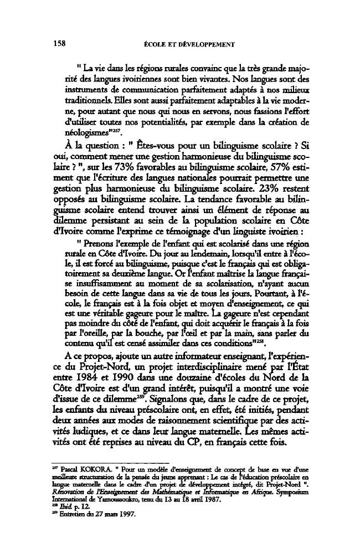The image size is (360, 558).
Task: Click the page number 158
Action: click(60, 43)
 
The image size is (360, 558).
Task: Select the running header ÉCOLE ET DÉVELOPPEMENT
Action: click(188, 44)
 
